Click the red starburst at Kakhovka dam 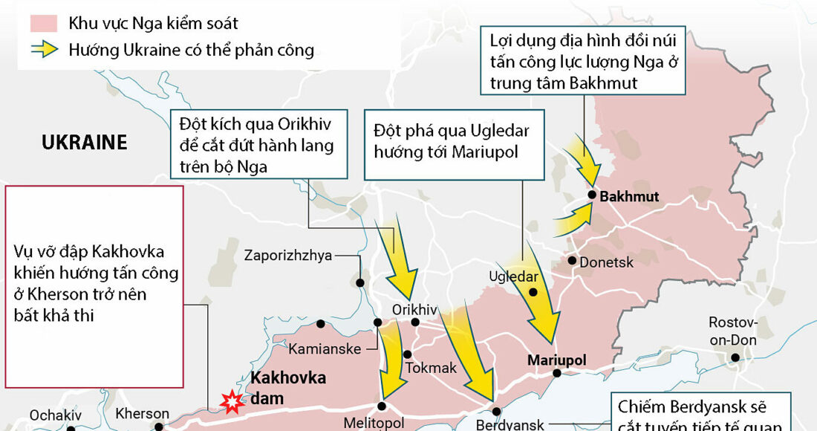click(x=232, y=402)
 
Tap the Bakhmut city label click(x=629, y=197)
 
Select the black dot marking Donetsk click(x=573, y=260)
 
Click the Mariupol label click(x=556, y=360)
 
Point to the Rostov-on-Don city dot click(x=735, y=358)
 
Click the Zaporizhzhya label click(x=288, y=256)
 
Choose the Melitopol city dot click(x=383, y=406)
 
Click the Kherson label click(x=143, y=413)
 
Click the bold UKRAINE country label click(x=84, y=142)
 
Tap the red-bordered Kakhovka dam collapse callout click(x=94, y=286)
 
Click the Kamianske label click(x=325, y=349)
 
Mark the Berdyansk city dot click(x=496, y=411)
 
